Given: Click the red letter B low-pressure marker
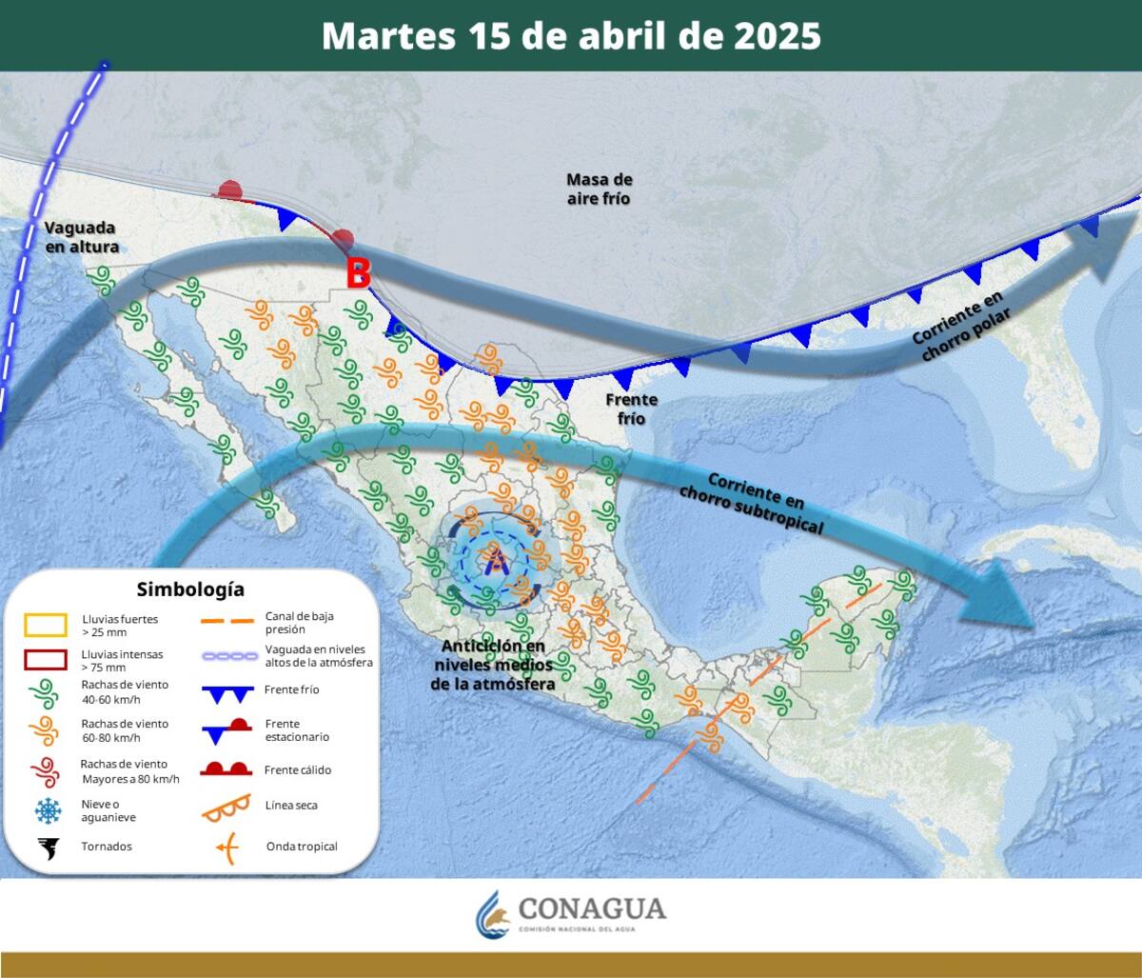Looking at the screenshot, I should (x=358, y=274).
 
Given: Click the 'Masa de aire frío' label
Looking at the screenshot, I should (x=599, y=189).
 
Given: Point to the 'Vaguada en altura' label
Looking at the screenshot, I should (x=81, y=237).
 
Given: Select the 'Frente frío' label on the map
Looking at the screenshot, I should (x=631, y=409).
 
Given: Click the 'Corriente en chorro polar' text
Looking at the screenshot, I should (x=958, y=327).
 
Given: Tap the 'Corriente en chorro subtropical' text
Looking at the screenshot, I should (x=752, y=502).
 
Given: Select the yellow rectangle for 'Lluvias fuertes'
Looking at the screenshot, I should (x=45, y=625).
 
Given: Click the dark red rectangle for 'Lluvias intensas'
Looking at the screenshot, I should (x=45, y=660).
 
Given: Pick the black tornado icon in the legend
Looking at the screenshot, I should (x=46, y=847).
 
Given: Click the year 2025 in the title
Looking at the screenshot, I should (x=777, y=36).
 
